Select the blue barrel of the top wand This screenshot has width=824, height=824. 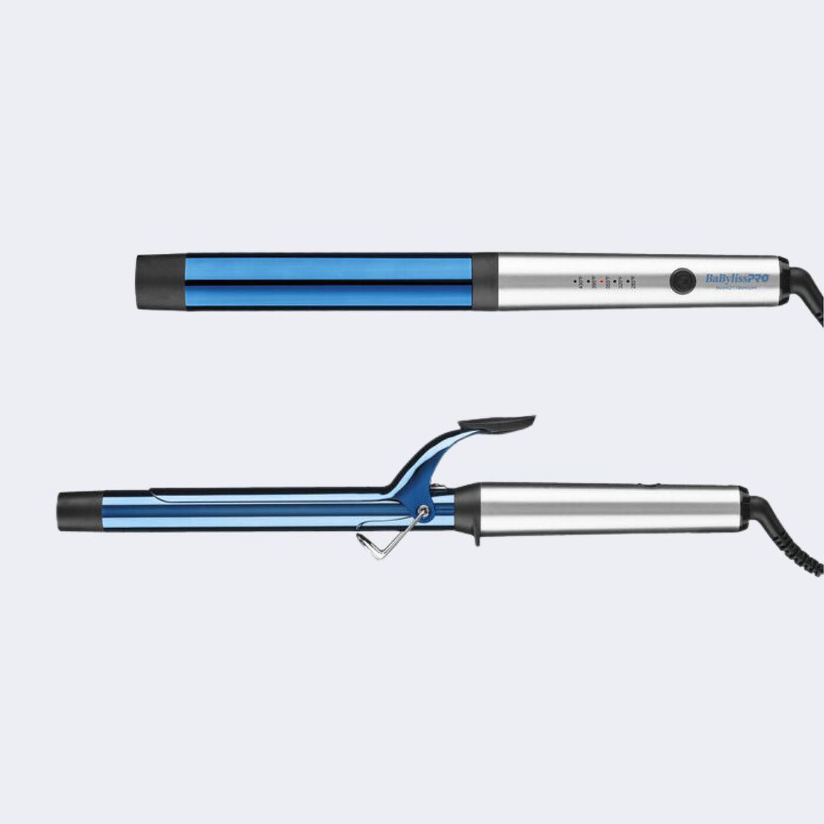click(330, 282)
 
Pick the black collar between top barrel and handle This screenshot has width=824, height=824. click(484, 282)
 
